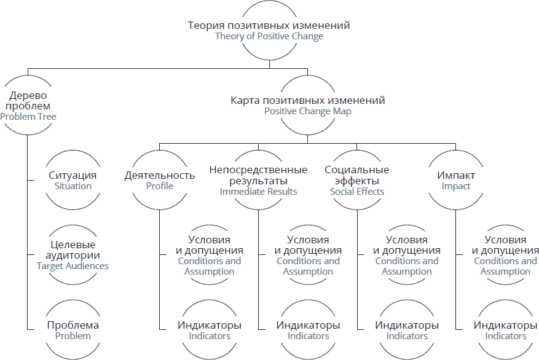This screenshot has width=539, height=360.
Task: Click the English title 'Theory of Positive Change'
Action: point(269,37)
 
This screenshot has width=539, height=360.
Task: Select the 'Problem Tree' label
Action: point(28,116)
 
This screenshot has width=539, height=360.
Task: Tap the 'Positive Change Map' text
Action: point(307,111)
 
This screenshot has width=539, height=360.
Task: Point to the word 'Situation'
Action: point(73,186)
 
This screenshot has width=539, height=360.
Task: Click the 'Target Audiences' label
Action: point(73,266)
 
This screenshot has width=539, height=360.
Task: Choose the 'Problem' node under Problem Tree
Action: point(73,336)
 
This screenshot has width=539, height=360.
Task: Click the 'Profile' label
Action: point(159,186)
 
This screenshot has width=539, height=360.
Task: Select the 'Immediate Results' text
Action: point(258,192)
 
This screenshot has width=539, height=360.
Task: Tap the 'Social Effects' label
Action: point(356,192)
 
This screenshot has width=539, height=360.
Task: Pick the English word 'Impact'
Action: point(455,186)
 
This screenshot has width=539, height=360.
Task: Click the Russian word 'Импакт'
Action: point(455,175)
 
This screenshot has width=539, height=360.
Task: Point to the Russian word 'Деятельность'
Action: point(159,175)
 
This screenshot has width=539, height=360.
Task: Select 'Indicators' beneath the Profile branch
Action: point(210,336)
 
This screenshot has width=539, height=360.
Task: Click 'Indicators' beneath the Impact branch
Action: point(505,336)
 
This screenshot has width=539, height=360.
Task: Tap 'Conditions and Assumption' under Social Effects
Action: point(407,266)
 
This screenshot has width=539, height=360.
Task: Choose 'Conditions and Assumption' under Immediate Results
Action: point(308,266)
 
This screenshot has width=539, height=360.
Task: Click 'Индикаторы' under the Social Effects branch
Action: point(407,325)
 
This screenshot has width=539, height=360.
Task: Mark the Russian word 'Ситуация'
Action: point(73,175)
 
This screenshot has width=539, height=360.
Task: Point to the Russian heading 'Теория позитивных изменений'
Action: point(269,26)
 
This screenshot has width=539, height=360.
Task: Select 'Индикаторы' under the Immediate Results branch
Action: point(308,325)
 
